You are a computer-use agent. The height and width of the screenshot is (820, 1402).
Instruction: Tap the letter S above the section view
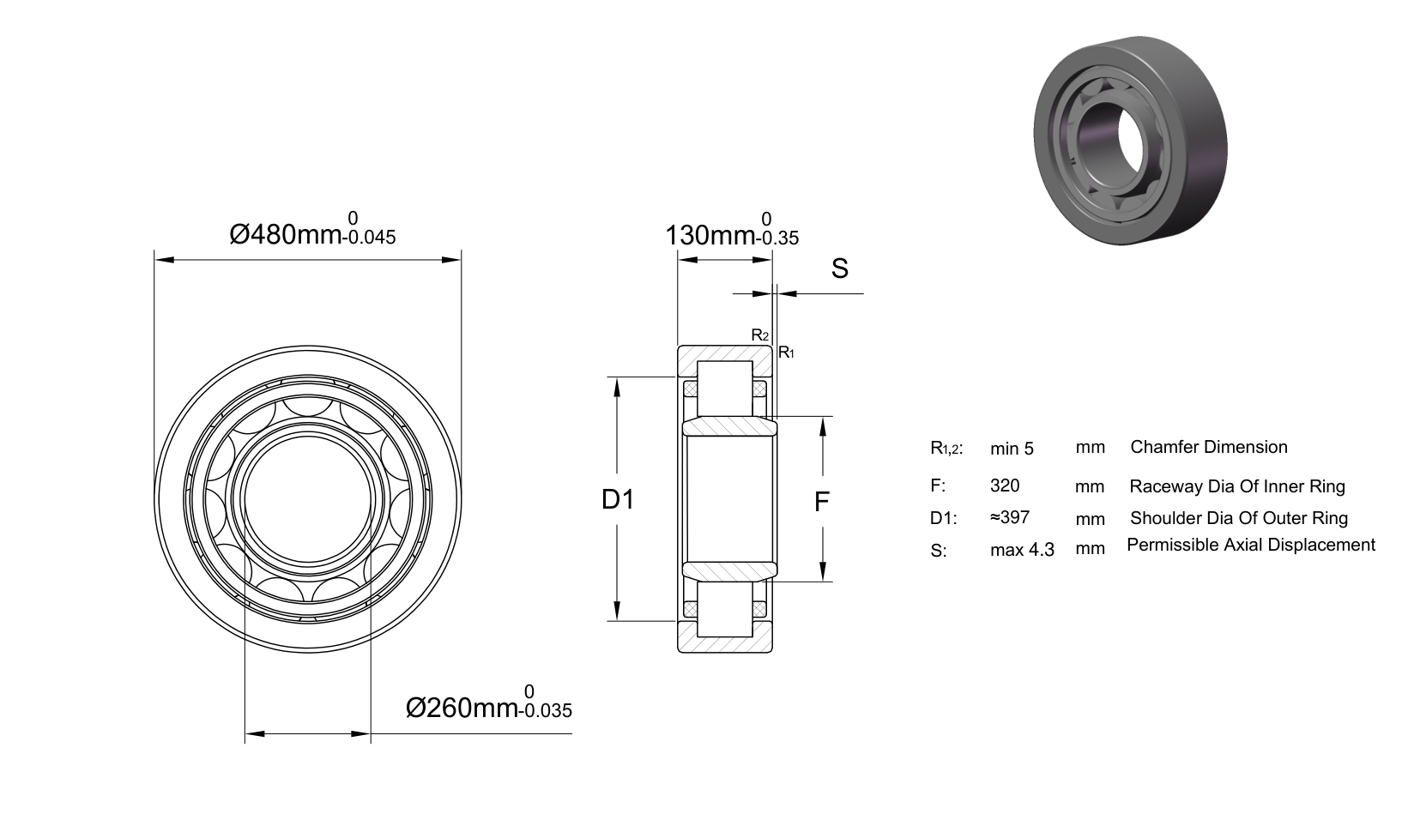point(839,268)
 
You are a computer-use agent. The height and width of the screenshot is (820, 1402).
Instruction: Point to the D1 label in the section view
point(618,499)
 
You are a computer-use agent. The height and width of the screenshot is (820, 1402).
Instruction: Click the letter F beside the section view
point(822,502)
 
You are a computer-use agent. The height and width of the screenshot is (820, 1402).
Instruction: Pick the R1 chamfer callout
point(786,353)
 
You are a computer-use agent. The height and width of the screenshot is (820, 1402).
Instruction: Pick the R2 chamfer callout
point(760,335)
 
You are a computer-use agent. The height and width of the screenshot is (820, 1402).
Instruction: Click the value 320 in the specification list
point(1005,485)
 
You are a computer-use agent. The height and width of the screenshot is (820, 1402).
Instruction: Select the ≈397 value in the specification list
point(1010,517)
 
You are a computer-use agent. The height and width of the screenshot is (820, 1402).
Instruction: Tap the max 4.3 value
point(1022,550)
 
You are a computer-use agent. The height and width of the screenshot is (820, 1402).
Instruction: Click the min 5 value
point(1012,449)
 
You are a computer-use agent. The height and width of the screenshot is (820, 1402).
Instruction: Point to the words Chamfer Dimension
point(1209,447)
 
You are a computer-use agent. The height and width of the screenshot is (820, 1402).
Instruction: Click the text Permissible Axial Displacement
point(1250,545)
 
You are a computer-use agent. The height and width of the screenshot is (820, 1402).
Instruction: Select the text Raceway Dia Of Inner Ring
point(1236,486)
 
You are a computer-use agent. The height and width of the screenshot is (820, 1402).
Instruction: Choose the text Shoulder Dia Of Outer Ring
point(1239,518)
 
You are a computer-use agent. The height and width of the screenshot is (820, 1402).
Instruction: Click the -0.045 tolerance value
point(369,237)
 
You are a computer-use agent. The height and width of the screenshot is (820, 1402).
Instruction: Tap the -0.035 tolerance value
point(546,710)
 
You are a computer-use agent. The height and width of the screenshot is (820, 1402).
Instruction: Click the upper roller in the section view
point(725,389)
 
